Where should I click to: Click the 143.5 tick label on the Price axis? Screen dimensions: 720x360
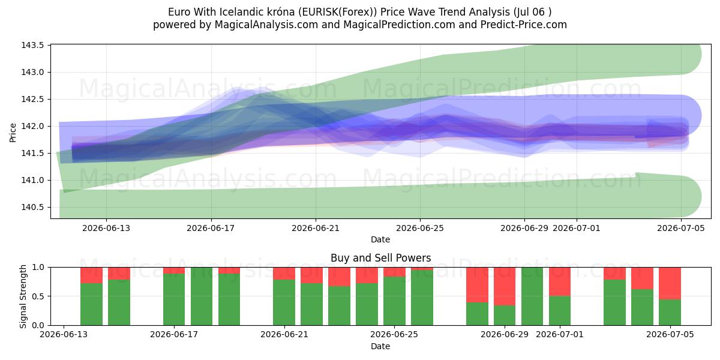(32, 46)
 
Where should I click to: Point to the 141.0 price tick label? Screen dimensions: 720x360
(32, 181)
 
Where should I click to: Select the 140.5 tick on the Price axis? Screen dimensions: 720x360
(32, 208)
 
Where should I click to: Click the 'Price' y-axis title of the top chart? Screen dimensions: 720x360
(13, 133)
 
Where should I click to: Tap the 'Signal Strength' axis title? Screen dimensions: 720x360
(23, 296)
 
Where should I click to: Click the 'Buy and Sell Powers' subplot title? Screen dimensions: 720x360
(380, 258)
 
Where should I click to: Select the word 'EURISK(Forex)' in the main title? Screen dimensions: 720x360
(337, 12)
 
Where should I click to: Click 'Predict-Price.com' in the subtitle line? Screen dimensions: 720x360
(524, 25)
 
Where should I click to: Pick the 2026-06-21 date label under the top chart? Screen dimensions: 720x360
(316, 228)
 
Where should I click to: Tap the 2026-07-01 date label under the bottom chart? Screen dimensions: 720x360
(560, 335)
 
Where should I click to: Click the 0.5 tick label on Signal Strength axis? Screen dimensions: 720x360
(38, 296)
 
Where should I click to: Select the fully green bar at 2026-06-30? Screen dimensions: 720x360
(532, 296)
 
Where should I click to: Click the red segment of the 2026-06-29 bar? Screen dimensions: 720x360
(505, 286)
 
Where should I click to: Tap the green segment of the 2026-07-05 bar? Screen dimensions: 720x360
(670, 313)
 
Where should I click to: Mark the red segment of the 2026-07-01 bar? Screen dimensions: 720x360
(560, 281)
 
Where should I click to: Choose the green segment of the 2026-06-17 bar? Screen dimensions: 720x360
(174, 299)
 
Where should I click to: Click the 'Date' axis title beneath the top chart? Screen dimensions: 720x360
(380, 239)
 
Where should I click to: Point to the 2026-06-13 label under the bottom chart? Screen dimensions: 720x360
(64, 335)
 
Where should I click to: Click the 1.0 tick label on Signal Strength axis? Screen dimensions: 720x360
(38, 268)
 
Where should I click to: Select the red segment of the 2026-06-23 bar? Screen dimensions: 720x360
(340, 277)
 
